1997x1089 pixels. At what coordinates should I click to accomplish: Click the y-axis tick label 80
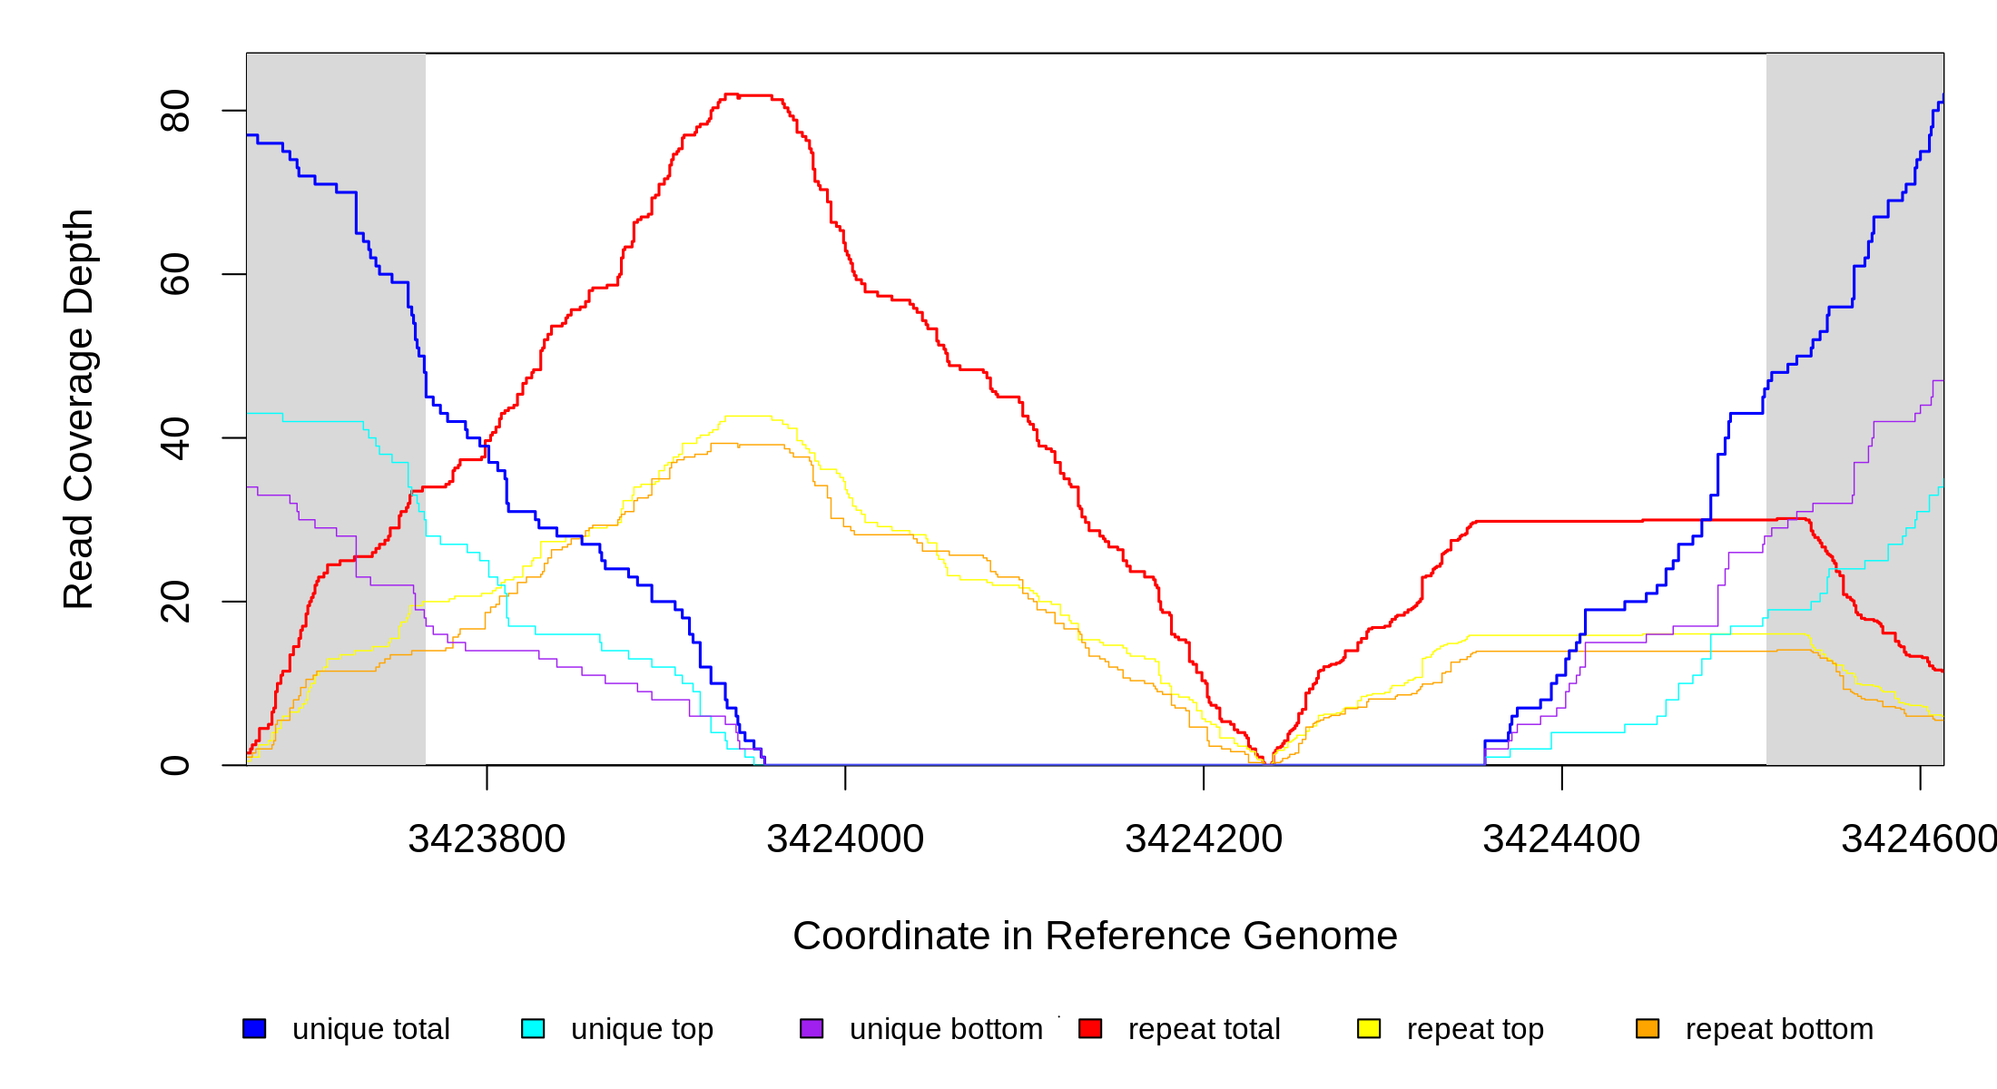(x=174, y=111)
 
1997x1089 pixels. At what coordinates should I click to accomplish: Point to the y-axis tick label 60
(x=174, y=274)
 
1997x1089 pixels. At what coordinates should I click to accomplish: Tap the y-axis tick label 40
(x=174, y=438)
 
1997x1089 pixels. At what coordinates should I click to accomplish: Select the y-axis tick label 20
(x=174, y=602)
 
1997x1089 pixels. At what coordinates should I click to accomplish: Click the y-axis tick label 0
(x=174, y=765)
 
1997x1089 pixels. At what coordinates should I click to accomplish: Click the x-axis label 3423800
(x=487, y=839)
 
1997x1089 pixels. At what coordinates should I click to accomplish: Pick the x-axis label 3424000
(x=845, y=839)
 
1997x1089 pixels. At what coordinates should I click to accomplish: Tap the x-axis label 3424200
(x=1204, y=839)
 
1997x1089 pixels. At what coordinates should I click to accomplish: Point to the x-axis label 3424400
(x=1561, y=839)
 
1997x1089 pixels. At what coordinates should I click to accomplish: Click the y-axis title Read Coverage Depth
(x=79, y=408)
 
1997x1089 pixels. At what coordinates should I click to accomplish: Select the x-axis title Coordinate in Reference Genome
(x=1095, y=936)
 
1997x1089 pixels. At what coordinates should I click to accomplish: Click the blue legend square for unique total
(x=254, y=1028)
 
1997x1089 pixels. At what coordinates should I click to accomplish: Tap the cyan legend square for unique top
(x=533, y=1028)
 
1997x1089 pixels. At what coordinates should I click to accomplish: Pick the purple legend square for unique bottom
(x=812, y=1028)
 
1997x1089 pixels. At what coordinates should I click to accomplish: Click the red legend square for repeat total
(x=1090, y=1028)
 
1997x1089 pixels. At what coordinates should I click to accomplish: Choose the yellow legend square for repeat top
(x=1369, y=1028)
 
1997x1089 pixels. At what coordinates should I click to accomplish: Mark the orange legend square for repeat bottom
(x=1648, y=1028)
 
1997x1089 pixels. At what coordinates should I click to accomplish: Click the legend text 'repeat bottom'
(x=1779, y=1029)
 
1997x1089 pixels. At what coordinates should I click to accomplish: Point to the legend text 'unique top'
(x=642, y=1029)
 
